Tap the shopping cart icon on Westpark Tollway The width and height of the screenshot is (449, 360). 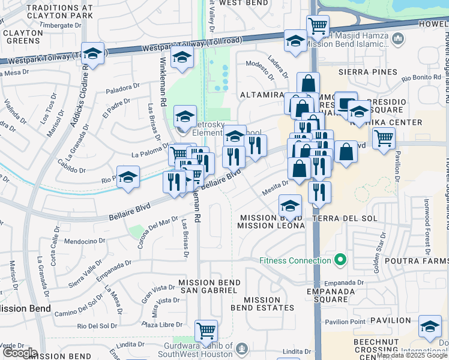pos(318,26)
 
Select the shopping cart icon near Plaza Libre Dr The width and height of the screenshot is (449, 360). pos(206,330)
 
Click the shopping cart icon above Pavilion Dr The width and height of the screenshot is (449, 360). pos(384,138)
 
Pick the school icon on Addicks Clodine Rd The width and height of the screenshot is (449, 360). pos(93,53)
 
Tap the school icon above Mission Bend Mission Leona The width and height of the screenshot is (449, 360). pos(291,207)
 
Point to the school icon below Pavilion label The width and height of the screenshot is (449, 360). pos(429,328)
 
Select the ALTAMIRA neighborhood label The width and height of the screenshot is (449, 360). pos(261,95)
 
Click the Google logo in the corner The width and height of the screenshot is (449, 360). pos(20,353)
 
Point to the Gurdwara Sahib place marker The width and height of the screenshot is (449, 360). pos(242,348)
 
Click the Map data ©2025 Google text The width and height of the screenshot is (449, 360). pos(412,355)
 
